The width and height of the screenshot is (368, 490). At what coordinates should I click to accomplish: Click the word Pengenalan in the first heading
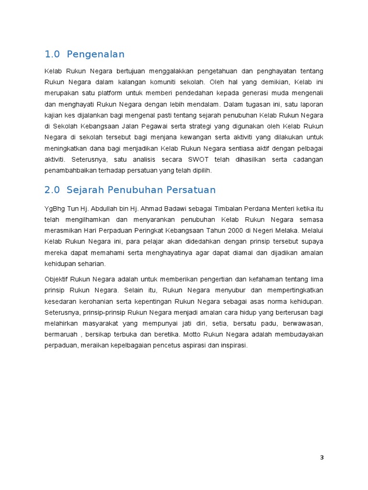click(96, 54)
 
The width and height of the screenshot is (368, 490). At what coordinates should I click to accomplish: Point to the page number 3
click(322, 458)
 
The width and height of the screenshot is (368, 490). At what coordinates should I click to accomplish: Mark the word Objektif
click(56, 279)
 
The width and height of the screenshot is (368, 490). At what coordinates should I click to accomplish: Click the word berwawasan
click(303, 323)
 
